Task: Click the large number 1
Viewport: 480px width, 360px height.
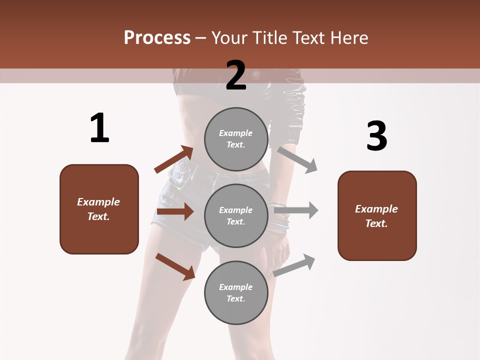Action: pyautogui.click(x=99, y=128)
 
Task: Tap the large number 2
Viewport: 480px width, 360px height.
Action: pyautogui.click(x=236, y=75)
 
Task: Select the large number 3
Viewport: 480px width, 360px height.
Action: pyautogui.click(x=376, y=136)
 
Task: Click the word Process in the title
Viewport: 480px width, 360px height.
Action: pyautogui.click(x=157, y=37)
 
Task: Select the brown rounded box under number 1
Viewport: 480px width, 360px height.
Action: pyautogui.click(x=99, y=209)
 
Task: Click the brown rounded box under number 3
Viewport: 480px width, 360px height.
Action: pyautogui.click(x=377, y=215)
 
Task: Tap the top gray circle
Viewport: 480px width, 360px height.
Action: pyautogui.click(x=236, y=139)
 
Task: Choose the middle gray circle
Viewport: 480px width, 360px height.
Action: pyautogui.click(x=236, y=215)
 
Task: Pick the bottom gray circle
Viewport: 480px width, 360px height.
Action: pyautogui.click(x=236, y=292)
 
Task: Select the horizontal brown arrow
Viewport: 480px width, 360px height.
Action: pyautogui.click(x=175, y=211)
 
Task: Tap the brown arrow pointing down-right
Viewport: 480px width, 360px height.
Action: pyautogui.click(x=175, y=266)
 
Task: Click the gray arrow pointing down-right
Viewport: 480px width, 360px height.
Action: pyautogui.click(x=297, y=159)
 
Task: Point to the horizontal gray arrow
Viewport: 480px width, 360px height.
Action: pyautogui.click(x=296, y=210)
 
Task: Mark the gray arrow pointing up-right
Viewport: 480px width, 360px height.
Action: pyautogui.click(x=294, y=265)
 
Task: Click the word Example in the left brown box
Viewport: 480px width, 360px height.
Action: pyautogui.click(x=98, y=202)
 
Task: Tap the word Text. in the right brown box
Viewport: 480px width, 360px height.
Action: pyautogui.click(x=376, y=223)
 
